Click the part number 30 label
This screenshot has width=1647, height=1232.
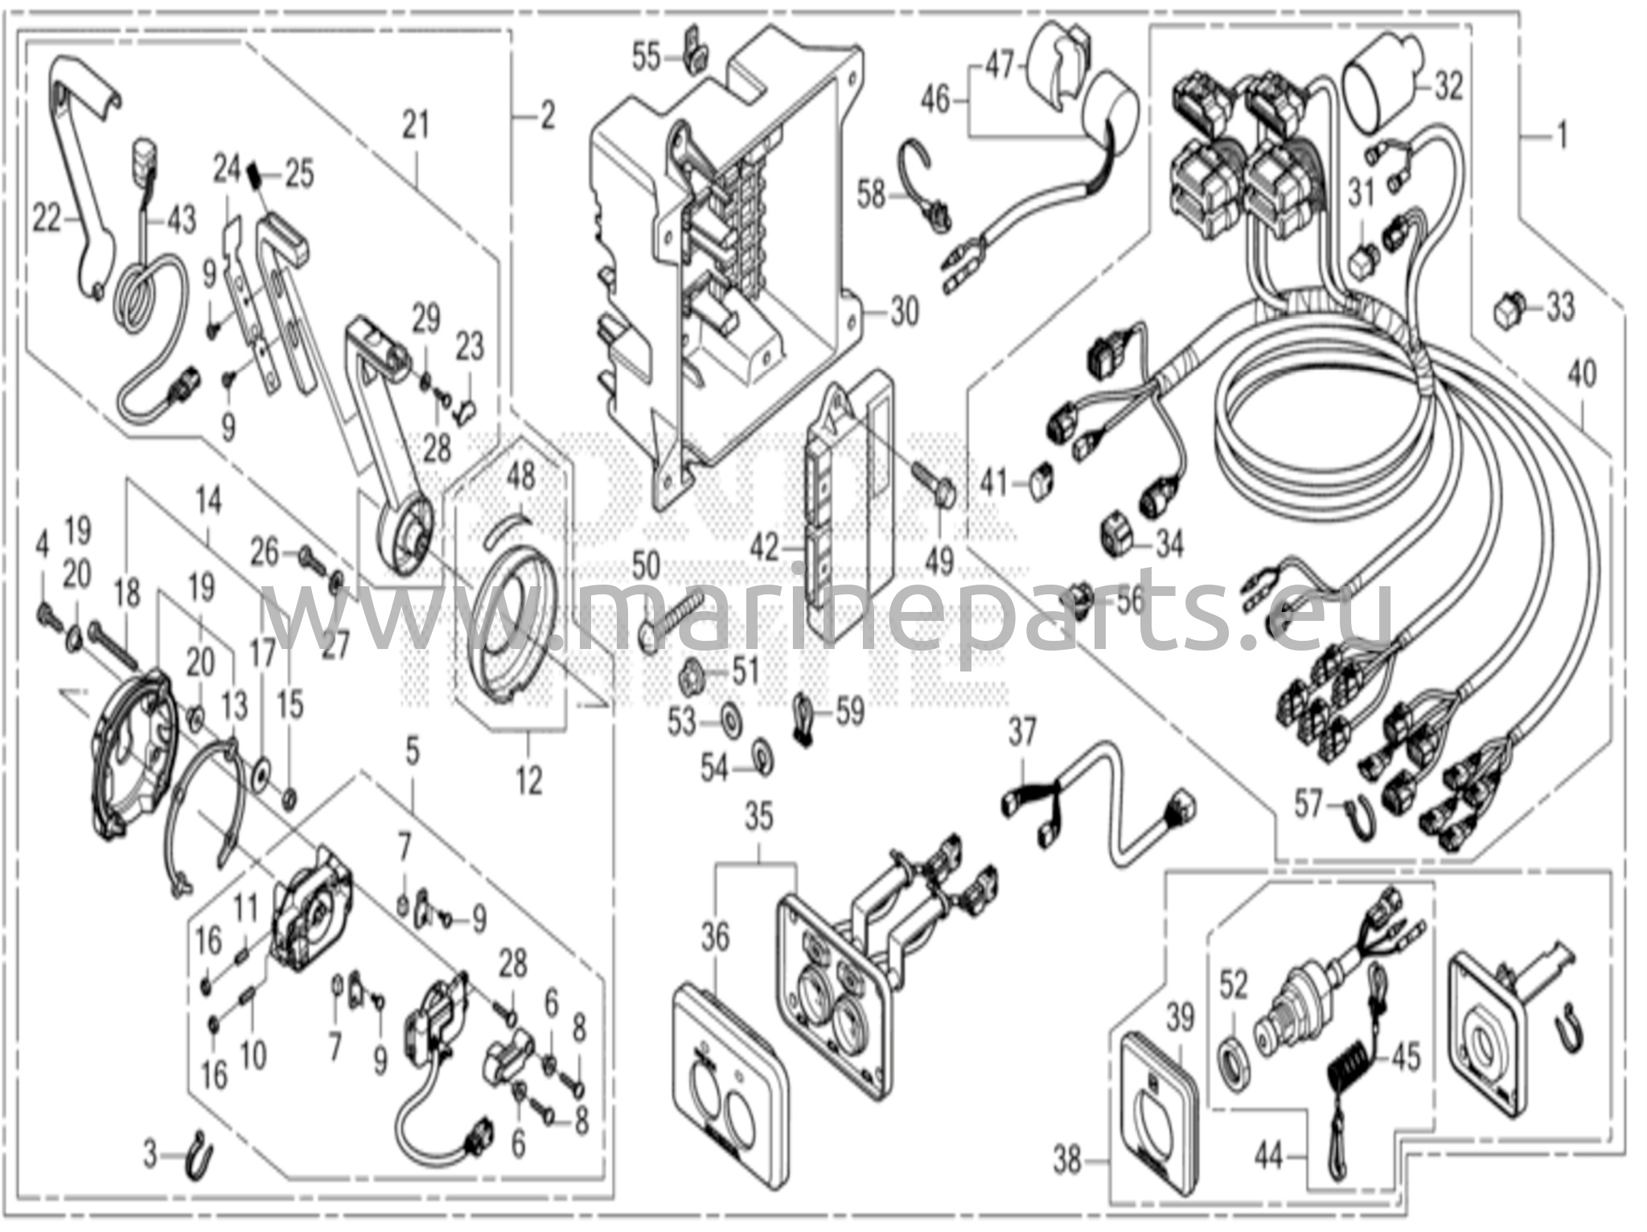click(904, 310)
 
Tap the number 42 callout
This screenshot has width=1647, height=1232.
click(764, 548)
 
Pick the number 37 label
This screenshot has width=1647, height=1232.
click(1022, 734)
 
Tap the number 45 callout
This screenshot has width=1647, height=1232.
click(1407, 1057)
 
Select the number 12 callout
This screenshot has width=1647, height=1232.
click(529, 780)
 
